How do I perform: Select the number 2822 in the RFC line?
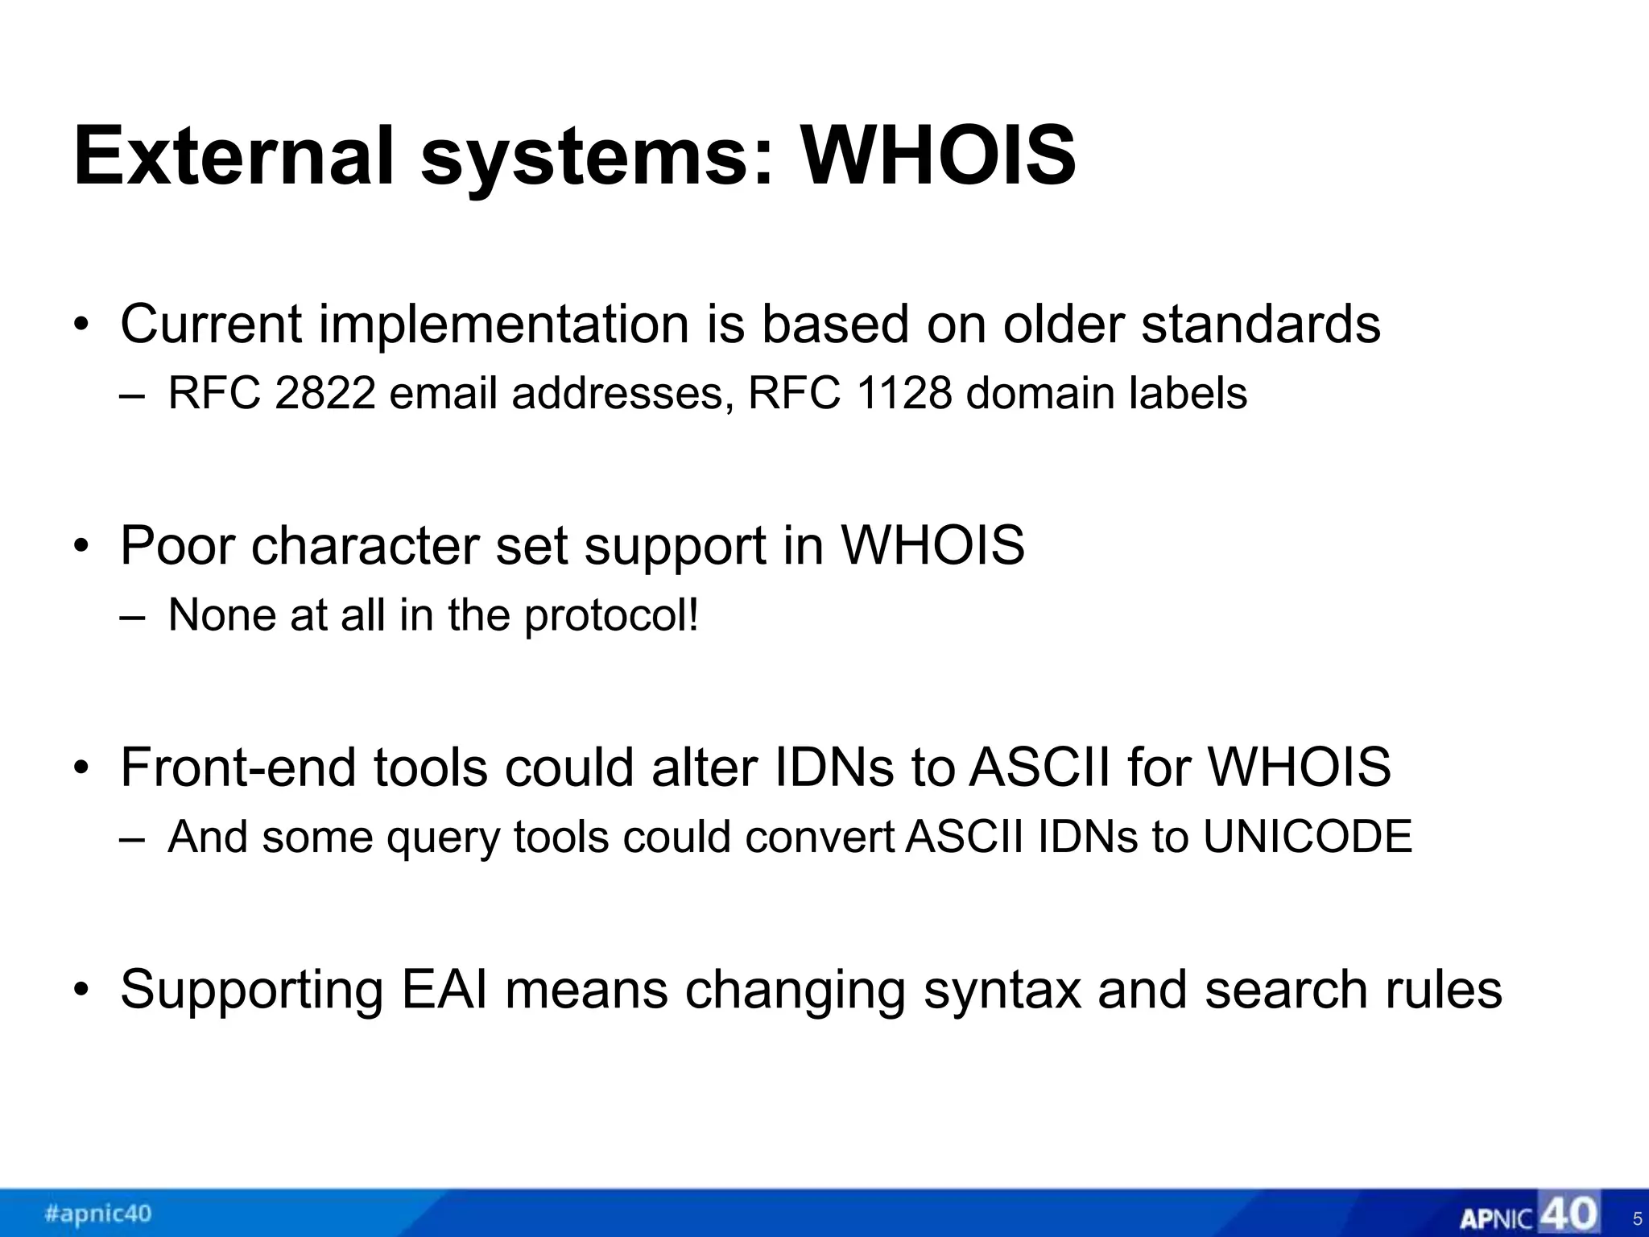[x=325, y=394]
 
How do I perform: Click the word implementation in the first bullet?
[x=504, y=324]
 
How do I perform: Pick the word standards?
[x=1261, y=324]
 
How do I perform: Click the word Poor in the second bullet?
[x=178, y=545]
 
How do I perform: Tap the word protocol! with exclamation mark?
[x=612, y=616]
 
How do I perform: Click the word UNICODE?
[x=1308, y=837]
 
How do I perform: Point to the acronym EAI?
[x=444, y=989]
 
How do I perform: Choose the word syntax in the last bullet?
[x=1002, y=991]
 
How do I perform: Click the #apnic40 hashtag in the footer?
[x=98, y=1213]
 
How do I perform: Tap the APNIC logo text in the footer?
[x=1496, y=1218]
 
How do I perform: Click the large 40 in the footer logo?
[x=1568, y=1213]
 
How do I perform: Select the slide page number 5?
[x=1637, y=1219]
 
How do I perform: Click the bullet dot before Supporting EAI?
[x=81, y=990]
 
